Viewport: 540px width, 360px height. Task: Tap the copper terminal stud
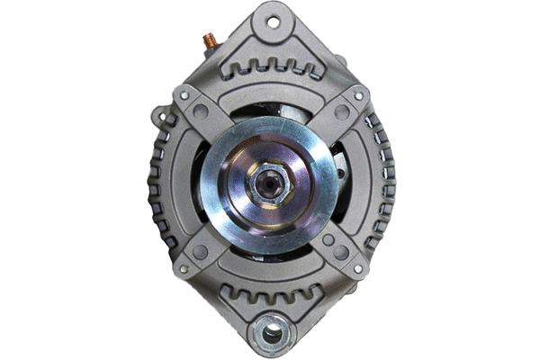click(209, 40)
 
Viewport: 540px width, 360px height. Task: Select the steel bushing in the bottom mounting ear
click(271, 334)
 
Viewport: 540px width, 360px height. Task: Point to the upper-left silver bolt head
click(184, 94)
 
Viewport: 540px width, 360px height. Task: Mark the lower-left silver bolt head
click(183, 269)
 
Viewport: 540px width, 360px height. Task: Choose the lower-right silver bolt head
click(358, 269)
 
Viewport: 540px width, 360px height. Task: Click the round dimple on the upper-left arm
click(201, 112)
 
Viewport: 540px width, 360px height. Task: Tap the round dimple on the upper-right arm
click(341, 112)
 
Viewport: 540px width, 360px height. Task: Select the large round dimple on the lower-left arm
click(200, 253)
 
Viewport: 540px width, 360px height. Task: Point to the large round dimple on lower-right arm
click(341, 253)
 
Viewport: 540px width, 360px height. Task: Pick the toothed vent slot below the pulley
click(270, 292)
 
